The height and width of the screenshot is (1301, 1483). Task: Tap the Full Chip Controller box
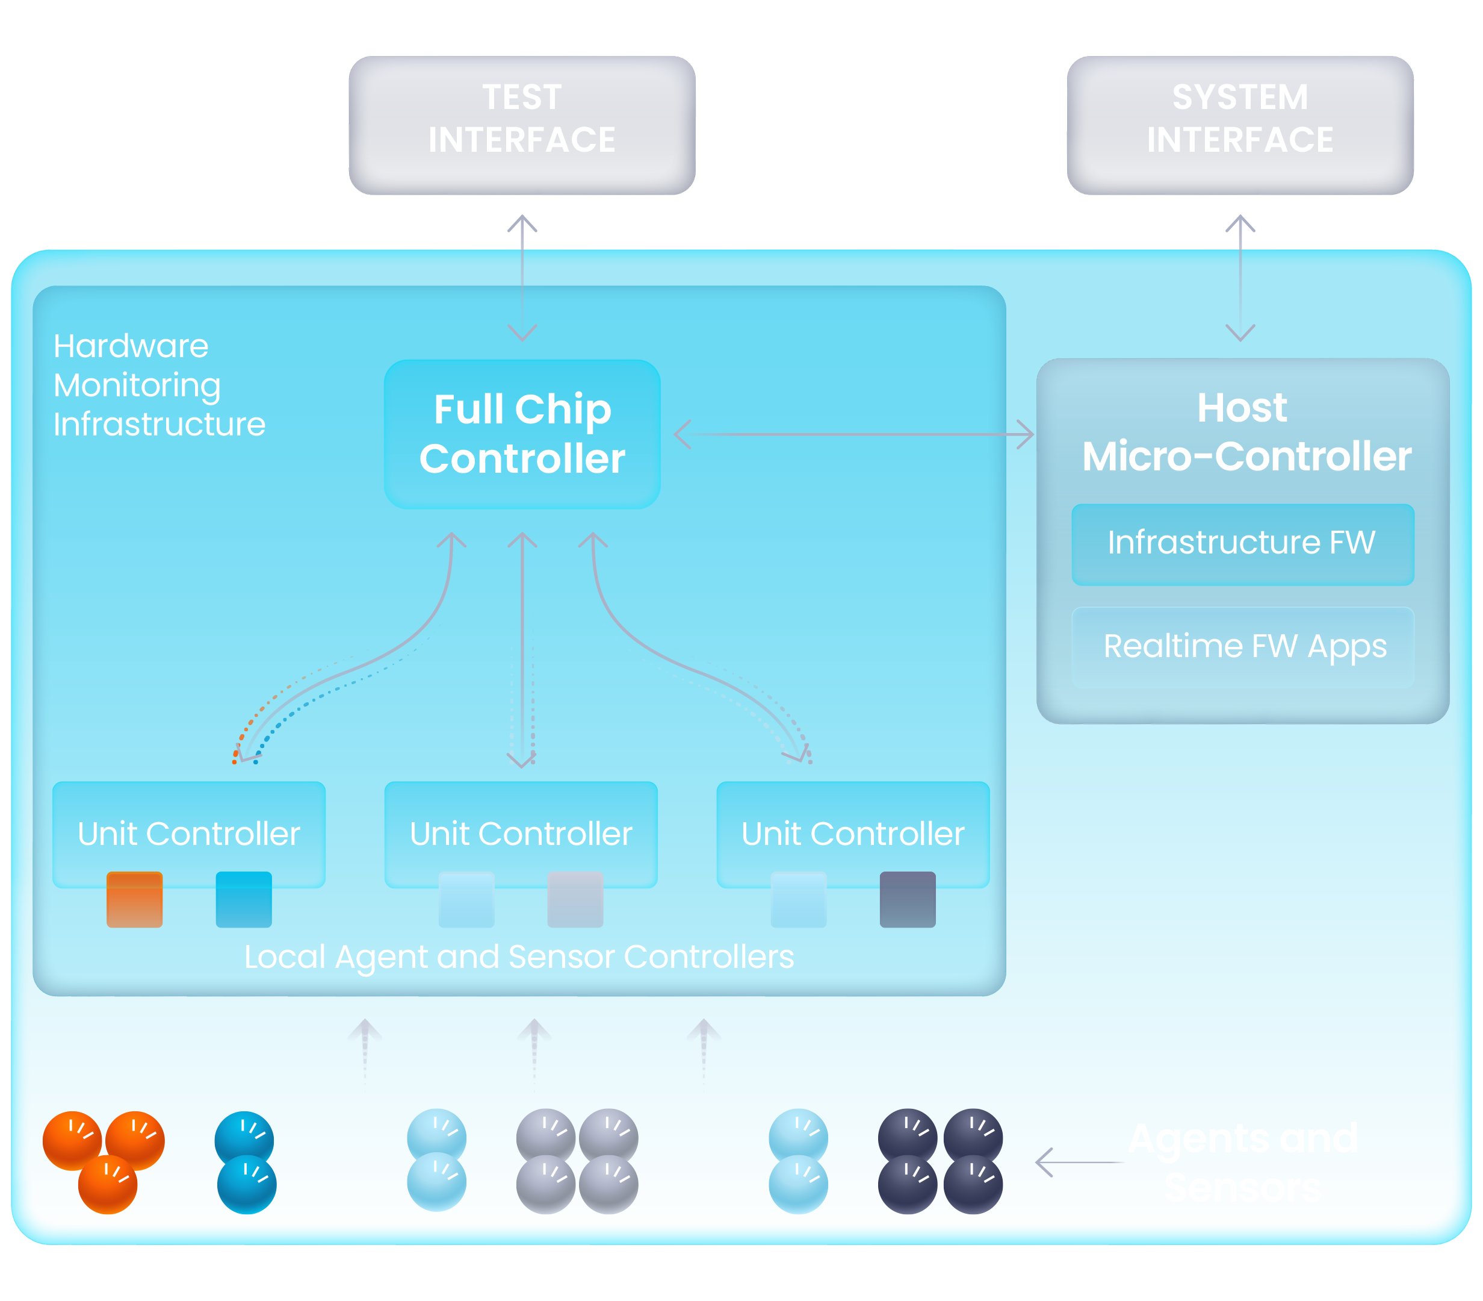(522, 434)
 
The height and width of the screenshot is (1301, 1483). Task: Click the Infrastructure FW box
(1242, 544)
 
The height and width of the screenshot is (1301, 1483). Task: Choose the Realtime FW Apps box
(1242, 647)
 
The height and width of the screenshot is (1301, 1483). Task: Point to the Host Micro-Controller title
(1245, 432)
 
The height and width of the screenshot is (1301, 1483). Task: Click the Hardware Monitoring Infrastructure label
(159, 385)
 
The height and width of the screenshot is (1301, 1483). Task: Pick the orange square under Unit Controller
(134, 899)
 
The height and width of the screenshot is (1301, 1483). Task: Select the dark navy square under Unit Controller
(907, 899)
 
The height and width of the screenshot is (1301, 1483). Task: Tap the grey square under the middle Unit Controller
(575, 899)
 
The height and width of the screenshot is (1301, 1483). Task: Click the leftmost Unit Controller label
(188, 834)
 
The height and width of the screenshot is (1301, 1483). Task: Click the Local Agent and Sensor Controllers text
(519, 957)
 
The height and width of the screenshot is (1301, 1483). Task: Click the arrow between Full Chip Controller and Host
(853, 434)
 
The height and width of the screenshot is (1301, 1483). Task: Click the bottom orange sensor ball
(107, 1184)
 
